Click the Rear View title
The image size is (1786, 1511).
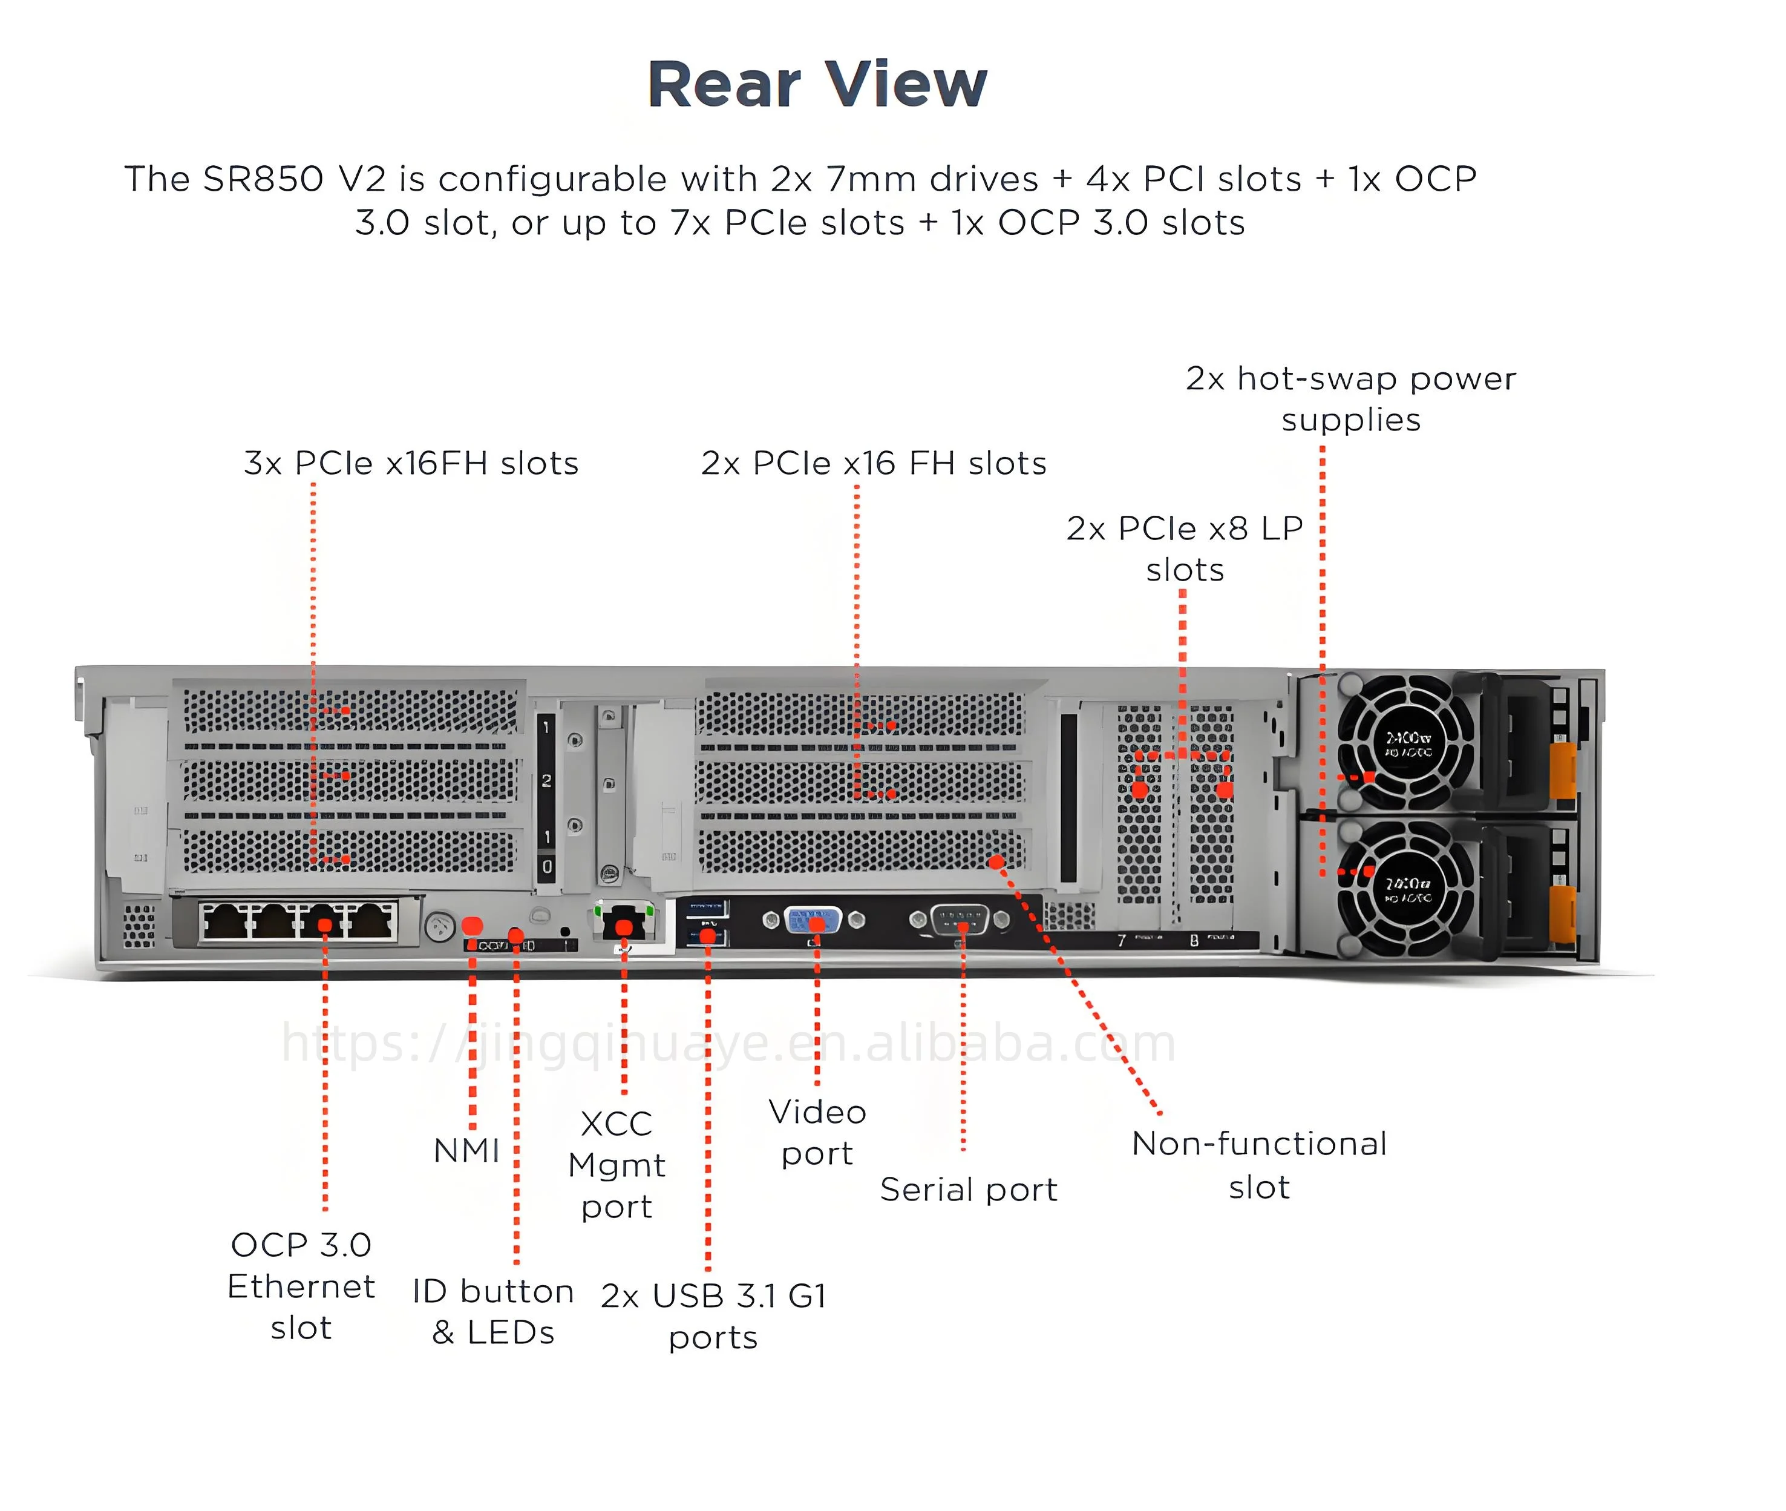[x=817, y=85]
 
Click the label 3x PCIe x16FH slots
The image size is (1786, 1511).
[x=411, y=463]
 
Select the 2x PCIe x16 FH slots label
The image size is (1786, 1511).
[x=873, y=463]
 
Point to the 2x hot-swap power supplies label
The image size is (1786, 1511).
[x=1350, y=398]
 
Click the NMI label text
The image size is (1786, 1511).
[x=466, y=1150]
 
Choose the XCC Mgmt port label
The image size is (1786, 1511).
[x=617, y=1165]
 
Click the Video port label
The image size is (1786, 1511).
[x=817, y=1133]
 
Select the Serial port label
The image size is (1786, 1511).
[x=969, y=1190]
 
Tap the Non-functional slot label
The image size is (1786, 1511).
[x=1258, y=1165]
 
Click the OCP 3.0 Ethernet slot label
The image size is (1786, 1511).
[x=301, y=1286]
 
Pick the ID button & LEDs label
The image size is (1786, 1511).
[x=492, y=1311]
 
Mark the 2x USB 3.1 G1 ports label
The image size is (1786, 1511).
[x=713, y=1315]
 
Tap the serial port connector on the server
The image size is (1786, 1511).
[x=960, y=921]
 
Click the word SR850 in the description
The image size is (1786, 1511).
[x=263, y=179]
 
